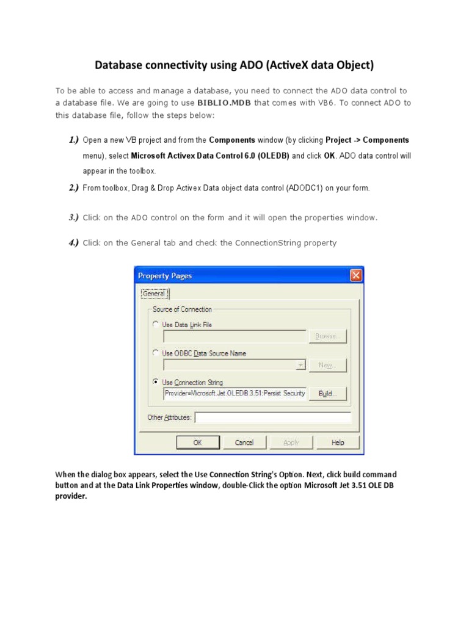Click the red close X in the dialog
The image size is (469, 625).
coord(355,276)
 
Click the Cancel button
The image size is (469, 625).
coord(244,443)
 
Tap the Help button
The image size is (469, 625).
coord(338,443)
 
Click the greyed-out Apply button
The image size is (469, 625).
coord(291,443)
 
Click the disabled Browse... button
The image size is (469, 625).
coord(328,336)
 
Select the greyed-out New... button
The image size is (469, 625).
coord(328,365)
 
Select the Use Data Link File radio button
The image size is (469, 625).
coord(156,325)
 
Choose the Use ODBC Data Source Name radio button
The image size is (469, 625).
coord(156,353)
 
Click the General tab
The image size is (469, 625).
coord(154,294)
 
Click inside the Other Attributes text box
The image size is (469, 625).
coord(272,418)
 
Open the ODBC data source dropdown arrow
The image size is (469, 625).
coord(300,365)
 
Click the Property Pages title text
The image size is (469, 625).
coord(165,276)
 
